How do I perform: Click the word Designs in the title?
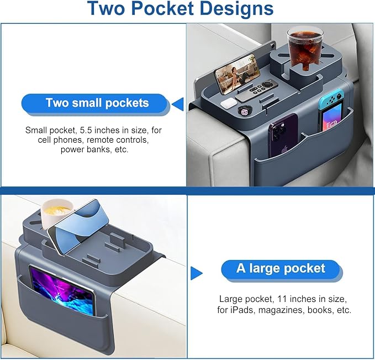click(236, 9)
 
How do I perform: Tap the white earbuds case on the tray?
click(229, 103)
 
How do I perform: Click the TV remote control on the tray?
click(256, 90)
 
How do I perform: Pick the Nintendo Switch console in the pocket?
click(331, 110)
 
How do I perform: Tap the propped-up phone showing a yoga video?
click(237, 74)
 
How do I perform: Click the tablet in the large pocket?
click(62, 290)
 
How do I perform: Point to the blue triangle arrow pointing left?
click(178, 104)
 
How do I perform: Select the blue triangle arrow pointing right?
click(197, 273)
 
